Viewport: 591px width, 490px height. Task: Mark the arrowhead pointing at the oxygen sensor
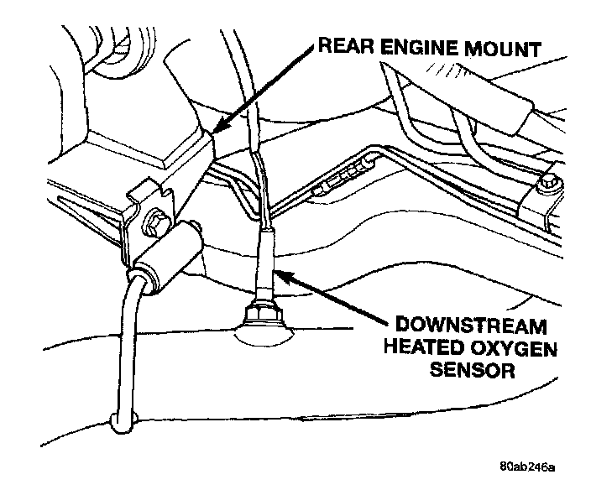pyautogui.click(x=283, y=274)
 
